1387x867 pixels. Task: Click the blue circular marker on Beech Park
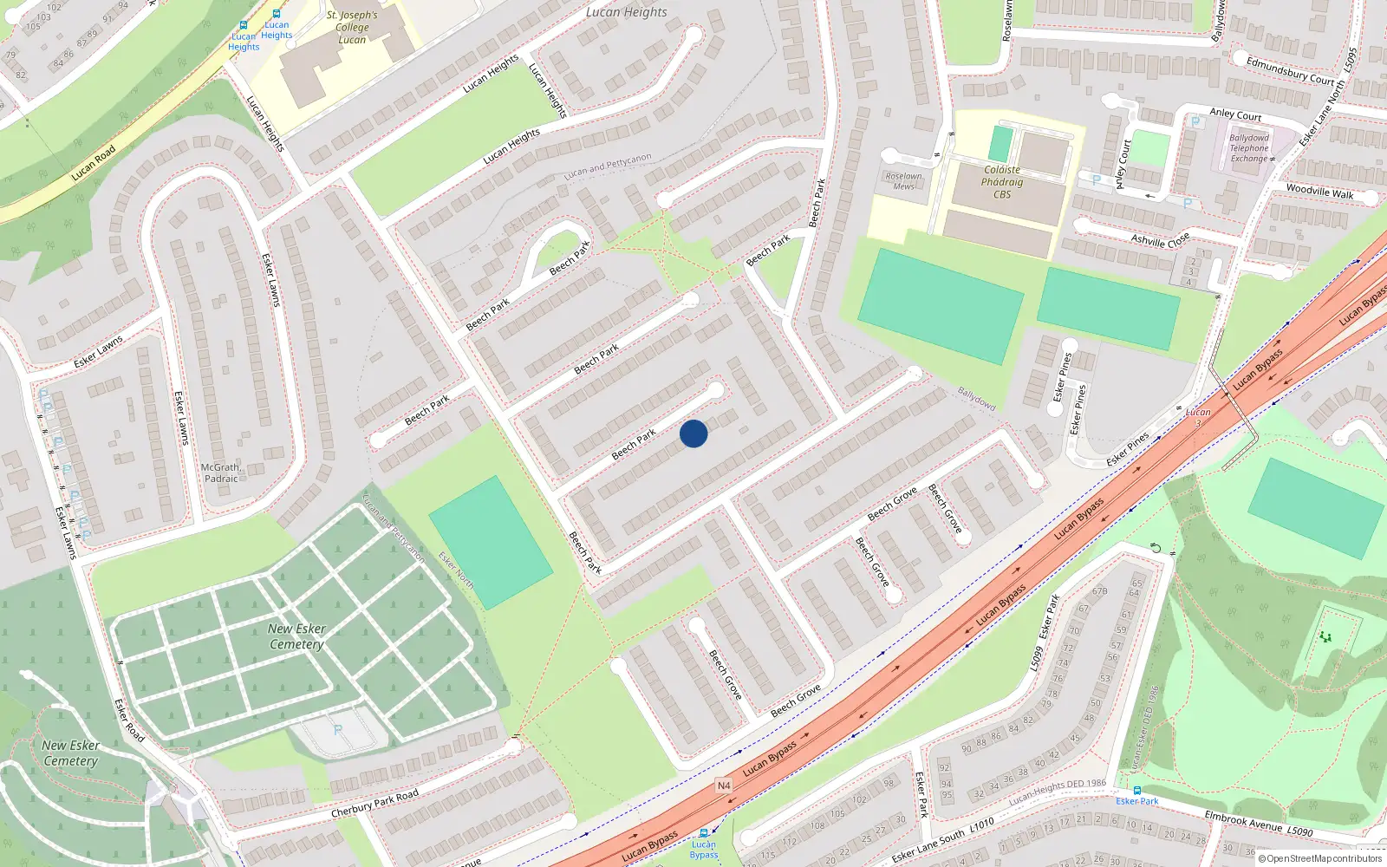(x=693, y=433)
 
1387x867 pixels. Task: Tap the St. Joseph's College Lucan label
(x=352, y=27)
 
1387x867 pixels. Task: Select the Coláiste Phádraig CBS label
(x=1002, y=182)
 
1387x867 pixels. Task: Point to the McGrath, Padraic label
(x=220, y=473)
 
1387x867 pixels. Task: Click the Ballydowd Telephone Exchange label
(x=1249, y=148)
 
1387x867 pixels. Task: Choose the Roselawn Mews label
(x=903, y=181)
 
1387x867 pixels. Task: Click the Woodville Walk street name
(x=1319, y=192)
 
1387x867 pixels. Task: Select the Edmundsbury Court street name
(x=1290, y=71)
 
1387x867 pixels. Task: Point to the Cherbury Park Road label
(x=374, y=804)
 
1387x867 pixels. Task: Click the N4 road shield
(x=724, y=786)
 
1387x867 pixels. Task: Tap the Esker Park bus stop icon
(x=1137, y=790)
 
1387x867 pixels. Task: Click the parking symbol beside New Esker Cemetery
(x=338, y=730)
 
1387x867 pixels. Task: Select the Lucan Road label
(x=94, y=163)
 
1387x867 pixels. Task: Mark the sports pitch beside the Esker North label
(x=491, y=542)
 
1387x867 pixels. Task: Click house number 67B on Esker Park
(x=1099, y=591)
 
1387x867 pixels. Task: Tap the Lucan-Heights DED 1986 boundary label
(x=1058, y=792)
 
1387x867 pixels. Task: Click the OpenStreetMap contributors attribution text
(x=1320, y=858)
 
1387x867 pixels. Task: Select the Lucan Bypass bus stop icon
(x=703, y=832)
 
